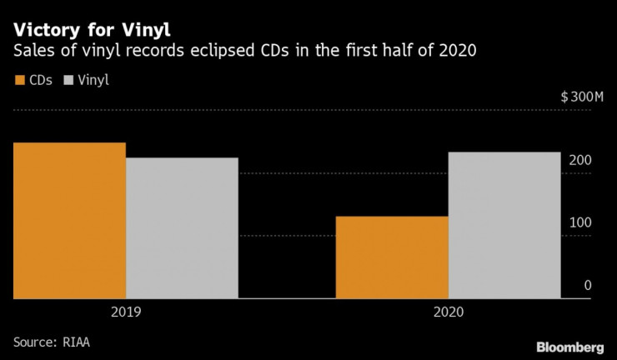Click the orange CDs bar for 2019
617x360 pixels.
point(69,221)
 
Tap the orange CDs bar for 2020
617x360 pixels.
point(392,257)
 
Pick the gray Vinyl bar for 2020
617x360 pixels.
point(504,225)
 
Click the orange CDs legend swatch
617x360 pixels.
point(19,81)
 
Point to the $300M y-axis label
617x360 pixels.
point(581,97)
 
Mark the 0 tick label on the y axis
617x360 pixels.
point(588,285)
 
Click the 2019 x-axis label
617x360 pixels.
point(126,314)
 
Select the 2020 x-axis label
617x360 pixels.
point(448,314)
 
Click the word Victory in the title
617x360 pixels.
point(45,28)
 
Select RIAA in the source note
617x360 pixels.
point(82,342)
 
